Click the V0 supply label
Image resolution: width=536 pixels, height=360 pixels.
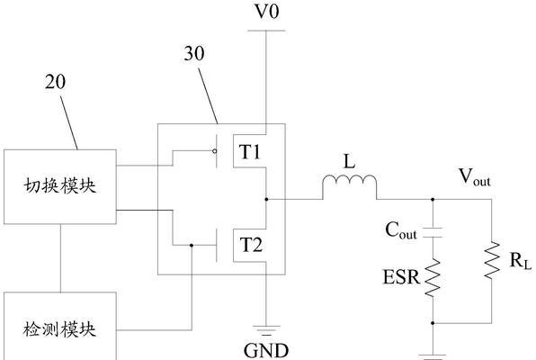(267, 11)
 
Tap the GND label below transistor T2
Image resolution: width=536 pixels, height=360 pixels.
(266, 350)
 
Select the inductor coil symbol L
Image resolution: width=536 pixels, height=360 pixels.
(349, 186)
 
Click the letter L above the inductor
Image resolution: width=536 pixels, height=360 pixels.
(349, 161)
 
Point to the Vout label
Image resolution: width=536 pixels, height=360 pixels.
(475, 177)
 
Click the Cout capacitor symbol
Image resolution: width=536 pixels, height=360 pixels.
(433, 232)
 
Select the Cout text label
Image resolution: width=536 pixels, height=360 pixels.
(401, 230)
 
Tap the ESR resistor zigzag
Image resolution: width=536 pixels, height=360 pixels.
(433, 277)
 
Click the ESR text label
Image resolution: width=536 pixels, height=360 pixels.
(401, 277)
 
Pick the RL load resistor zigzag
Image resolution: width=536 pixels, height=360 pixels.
(492, 260)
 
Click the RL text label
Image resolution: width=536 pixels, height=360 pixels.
(521, 261)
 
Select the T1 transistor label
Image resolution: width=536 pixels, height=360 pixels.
(250, 152)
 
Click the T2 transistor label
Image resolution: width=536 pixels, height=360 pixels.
(251, 245)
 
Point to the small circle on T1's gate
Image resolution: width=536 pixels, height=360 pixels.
(214, 151)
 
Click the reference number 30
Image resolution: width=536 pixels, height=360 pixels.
(194, 54)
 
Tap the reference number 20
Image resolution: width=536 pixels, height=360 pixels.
(55, 82)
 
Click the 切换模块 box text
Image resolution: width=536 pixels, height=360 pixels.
(60, 186)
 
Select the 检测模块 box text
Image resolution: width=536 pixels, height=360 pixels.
(60, 330)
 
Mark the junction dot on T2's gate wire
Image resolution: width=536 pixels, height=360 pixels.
(192, 245)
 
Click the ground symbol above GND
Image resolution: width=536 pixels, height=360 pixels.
(266, 330)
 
